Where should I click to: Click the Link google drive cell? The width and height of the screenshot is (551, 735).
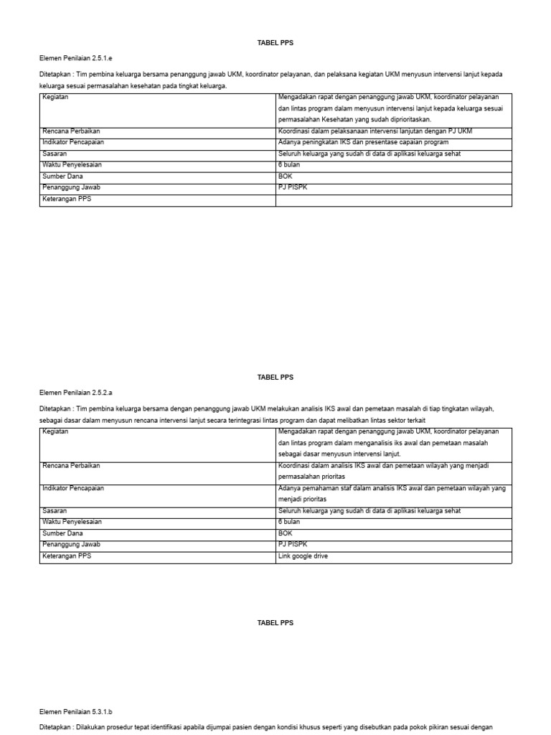click(x=303, y=556)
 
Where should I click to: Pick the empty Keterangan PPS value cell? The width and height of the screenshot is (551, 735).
click(x=393, y=200)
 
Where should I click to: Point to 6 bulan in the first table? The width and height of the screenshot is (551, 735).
click(x=289, y=164)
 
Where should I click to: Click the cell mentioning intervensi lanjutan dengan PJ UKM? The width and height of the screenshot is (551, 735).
click(x=375, y=131)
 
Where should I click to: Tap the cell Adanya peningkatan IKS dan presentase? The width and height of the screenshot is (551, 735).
click(x=362, y=142)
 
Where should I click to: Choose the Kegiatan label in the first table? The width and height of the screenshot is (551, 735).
click(x=55, y=97)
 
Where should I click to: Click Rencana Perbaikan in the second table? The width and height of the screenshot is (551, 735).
click(x=71, y=466)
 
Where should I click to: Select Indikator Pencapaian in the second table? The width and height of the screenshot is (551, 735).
click(x=73, y=488)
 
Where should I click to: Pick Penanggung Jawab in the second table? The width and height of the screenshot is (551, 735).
click(x=71, y=545)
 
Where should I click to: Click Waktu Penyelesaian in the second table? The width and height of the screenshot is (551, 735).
click(x=72, y=522)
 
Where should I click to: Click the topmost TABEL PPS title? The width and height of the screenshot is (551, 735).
click(x=275, y=43)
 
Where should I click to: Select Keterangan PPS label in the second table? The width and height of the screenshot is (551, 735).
click(x=67, y=556)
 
